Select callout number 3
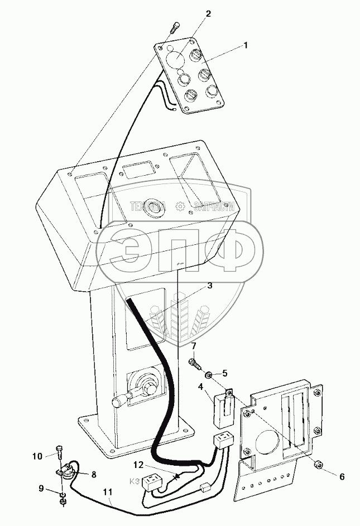[x=210, y=286]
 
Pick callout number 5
[x=225, y=373]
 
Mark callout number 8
[x=94, y=475]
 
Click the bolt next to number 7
[x=195, y=364]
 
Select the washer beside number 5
[x=208, y=375]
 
